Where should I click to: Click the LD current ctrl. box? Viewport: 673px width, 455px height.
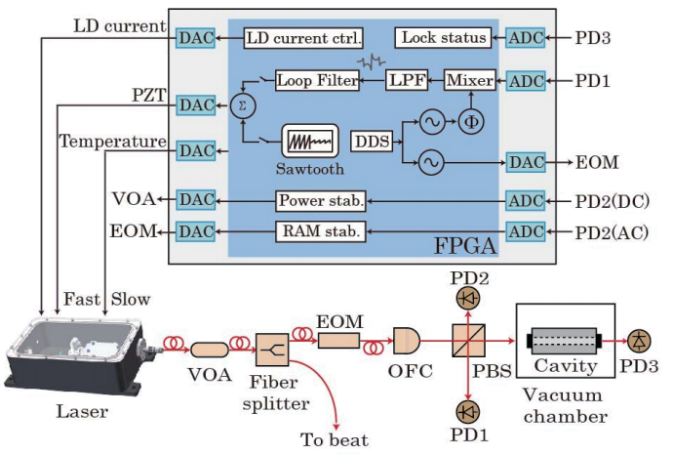coord(303,38)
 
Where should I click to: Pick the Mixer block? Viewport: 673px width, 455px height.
coord(470,78)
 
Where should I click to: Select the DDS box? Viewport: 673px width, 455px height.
coord(372,142)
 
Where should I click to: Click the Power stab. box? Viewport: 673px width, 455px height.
coord(321,201)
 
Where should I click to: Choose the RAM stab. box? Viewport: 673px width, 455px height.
coord(321,231)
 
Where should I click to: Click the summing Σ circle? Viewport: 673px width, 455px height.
coord(238,103)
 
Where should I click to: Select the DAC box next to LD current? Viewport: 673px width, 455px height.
coord(192,38)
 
